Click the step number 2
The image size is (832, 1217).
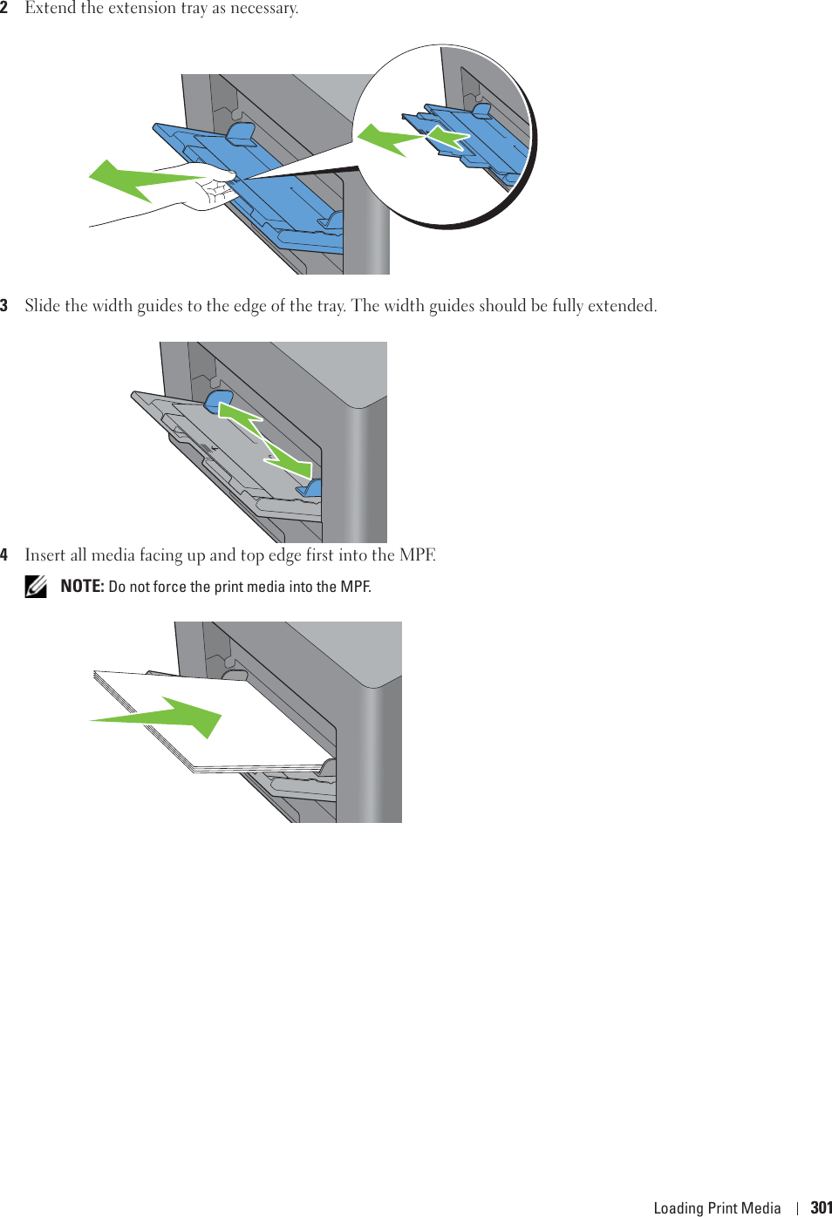[x=4, y=8]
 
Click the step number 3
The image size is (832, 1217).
[x=4, y=306]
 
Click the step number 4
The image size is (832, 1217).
[x=4, y=555]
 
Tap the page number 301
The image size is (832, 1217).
[x=821, y=1207]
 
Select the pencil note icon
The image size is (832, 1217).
[x=36, y=587]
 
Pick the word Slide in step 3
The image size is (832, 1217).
[x=43, y=306]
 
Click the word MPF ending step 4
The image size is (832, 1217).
[x=417, y=555]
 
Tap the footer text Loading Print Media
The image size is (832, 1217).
[x=717, y=1207]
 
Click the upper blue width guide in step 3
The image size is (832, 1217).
[x=217, y=400]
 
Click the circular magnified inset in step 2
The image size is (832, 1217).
[x=445, y=135]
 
